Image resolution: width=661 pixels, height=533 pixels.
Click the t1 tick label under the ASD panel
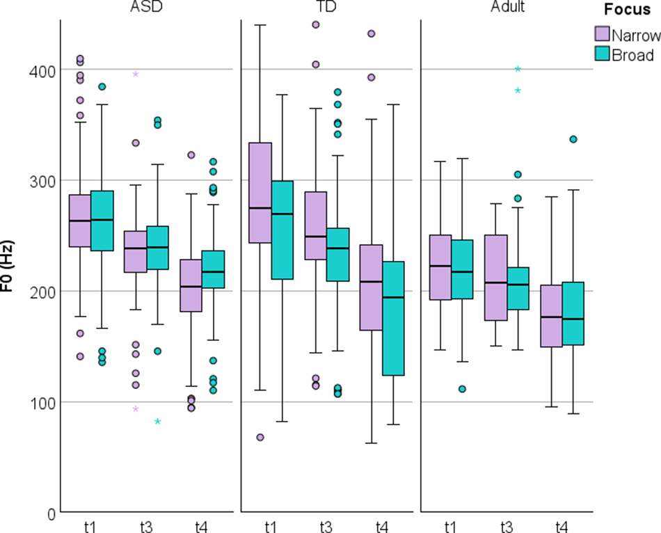coord(90,527)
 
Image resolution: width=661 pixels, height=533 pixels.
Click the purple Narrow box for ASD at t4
coord(190,285)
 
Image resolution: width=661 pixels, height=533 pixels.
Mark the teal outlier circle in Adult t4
coord(574,139)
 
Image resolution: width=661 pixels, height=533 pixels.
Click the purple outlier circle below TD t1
coord(260,437)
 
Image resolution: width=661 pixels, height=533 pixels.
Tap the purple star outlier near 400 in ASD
coord(136,74)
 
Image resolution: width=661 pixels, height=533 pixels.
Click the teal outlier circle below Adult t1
coord(461,389)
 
